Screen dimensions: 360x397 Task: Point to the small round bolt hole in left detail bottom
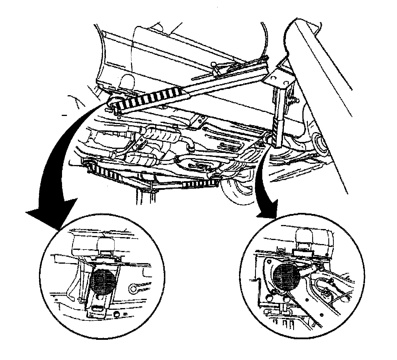pyautogui.click(x=117, y=314)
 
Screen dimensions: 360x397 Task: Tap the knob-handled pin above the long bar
pyautogui.click(x=215, y=66)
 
